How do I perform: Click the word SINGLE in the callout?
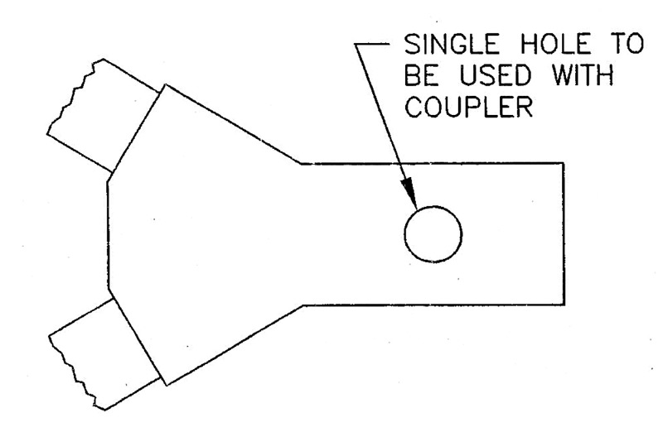(x=452, y=44)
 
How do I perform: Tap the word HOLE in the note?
(x=554, y=44)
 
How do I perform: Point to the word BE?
(x=421, y=76)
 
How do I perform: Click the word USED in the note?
(x=495, y=76)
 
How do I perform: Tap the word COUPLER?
(x=468, y=108)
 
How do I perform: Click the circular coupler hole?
(x=433, y=234)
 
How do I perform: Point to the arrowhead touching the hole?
(x=409, y=193)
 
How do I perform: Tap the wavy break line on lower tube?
(x=77, y=373)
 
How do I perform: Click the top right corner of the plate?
(x=564, y=163)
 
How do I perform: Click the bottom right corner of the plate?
(x=564, y=305)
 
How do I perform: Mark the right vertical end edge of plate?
(x=564, y=233)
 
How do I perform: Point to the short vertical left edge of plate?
(x=109, y=236)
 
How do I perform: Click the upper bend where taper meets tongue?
(x=301, y=163)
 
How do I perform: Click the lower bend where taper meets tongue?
(x=302, y=305)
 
